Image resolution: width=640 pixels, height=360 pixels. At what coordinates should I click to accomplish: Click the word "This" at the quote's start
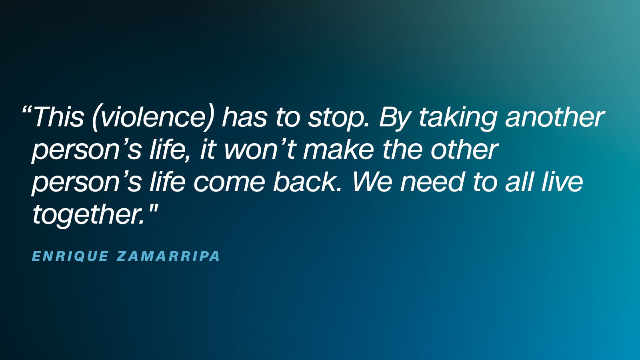click(58, 117)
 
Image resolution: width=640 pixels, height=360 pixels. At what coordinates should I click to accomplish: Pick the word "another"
click(555, 117)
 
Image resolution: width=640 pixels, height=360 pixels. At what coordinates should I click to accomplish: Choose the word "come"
click(229, 182)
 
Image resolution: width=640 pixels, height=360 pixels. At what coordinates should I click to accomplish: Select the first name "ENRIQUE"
click(70, 256)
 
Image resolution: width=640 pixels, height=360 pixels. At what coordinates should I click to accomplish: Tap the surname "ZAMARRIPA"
click(168, 256)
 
